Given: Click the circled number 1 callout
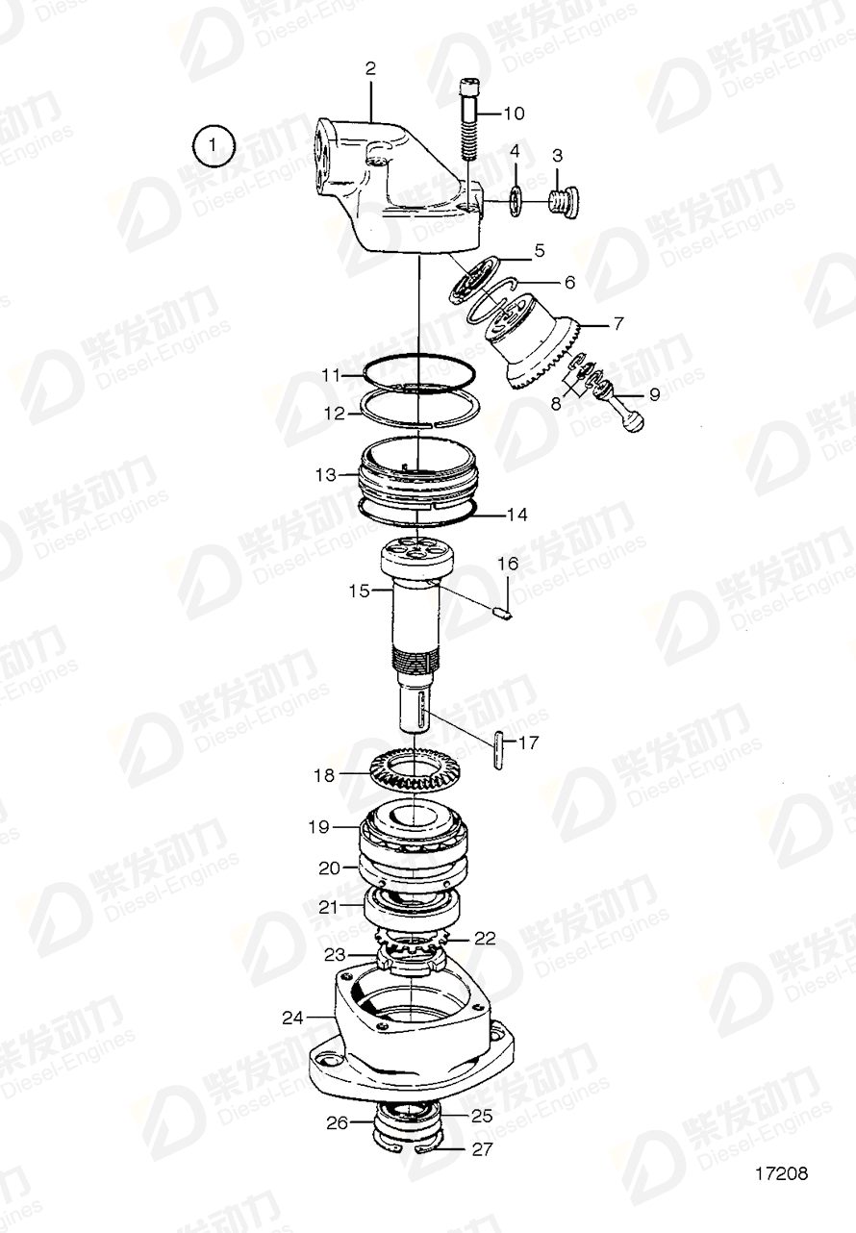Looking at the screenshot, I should (x=213, y=147).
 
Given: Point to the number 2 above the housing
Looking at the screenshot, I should (x=370, y=68).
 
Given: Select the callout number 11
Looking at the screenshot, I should (x=331, y=375).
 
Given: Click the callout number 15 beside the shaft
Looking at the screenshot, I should (x=359, y=591).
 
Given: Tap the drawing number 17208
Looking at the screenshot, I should (x=781, y=1173).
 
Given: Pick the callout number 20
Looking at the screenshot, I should (x=329, y=867).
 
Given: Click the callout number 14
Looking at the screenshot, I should (x=516, y=515).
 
